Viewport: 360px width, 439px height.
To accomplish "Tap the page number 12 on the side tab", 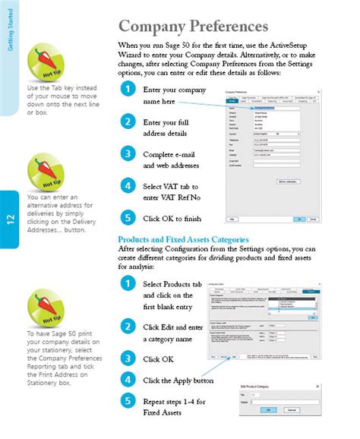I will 9,219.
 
